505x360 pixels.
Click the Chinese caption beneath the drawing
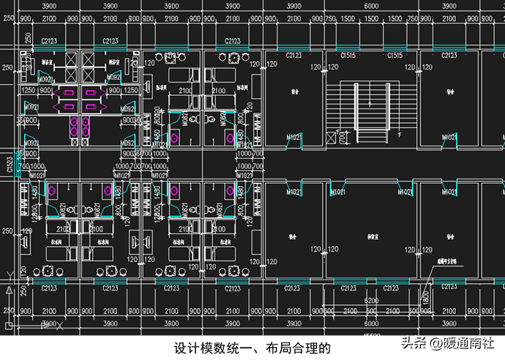[x=252, y=347]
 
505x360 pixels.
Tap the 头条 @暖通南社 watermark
[x=448, y=342]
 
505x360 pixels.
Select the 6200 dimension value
[x=370, y=301]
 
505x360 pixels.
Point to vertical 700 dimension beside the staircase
[x=341, y=137]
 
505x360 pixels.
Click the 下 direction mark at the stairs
[x=399, y=136]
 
